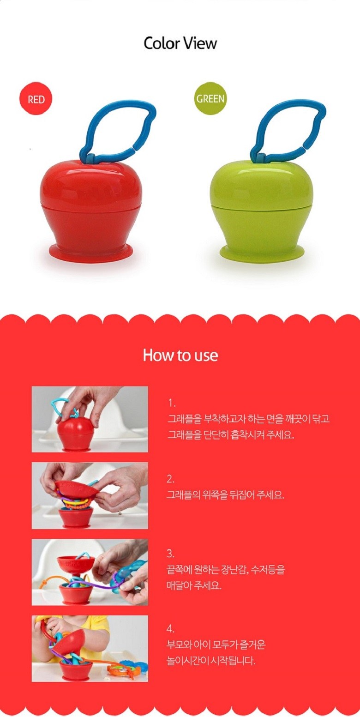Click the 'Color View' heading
click(180, 43)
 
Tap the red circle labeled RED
click(36, 98)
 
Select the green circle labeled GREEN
click(210, 98)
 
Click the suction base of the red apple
click(91, 252)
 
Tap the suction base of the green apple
click(262, 251)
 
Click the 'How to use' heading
click(180, 355)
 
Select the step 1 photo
click(90, 419)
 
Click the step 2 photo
click(90, 495)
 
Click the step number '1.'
click(172, 403)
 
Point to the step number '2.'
click(171, 479)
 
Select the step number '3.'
click(171, 554)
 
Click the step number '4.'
click(171, 629)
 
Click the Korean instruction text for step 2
click(225, 495)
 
